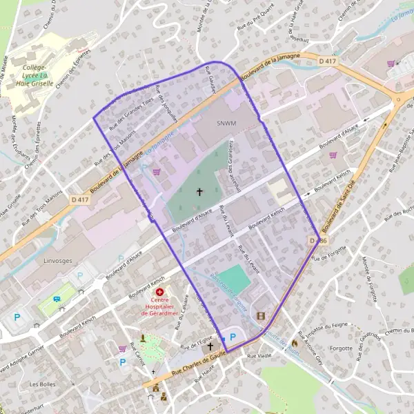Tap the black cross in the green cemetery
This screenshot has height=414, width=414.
click(201, 192)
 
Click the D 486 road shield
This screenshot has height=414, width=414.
click(317, 241)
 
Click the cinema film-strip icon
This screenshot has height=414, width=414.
click(260, 316)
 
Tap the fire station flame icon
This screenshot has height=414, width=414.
click(295, 343)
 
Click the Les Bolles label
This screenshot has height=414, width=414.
click(43, 384)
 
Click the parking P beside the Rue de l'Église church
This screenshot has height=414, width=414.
click(233, 337)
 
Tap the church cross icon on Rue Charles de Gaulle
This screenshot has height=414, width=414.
click(211, 346)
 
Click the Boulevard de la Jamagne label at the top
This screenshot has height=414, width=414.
click(271, 67)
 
